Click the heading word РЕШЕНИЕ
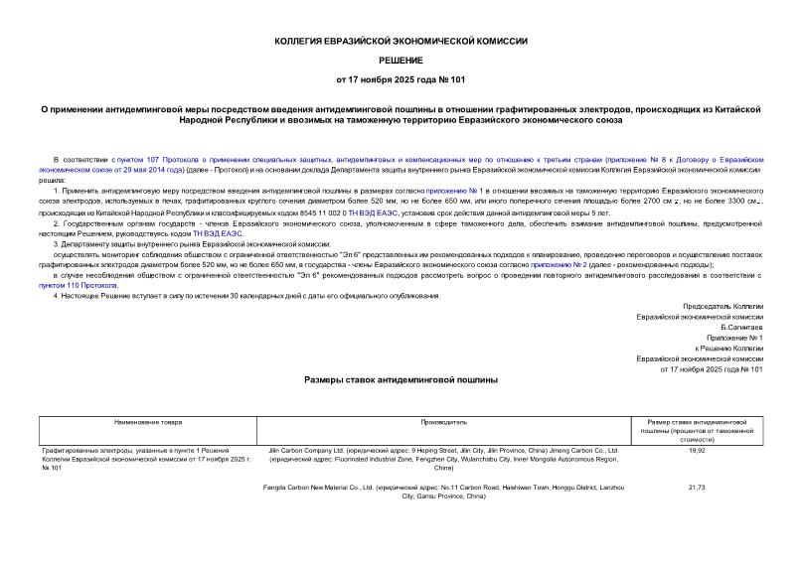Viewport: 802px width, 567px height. (x=401, y=61)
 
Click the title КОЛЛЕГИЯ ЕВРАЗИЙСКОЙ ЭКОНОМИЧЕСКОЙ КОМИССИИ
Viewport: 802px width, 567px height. (x=401, y=41)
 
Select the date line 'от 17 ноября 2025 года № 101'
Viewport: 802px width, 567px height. (x=401, y=78)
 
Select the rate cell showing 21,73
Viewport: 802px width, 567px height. (x=696, y=488)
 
